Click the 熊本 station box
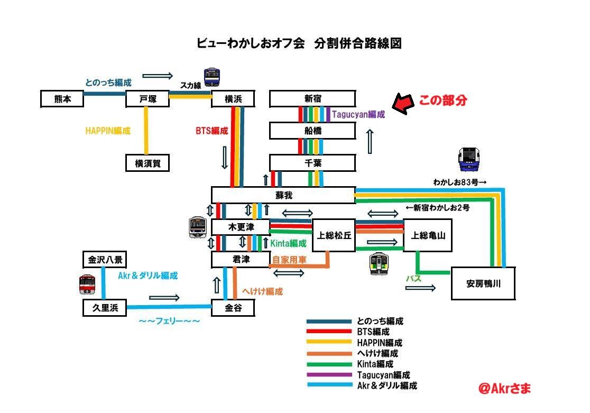62,99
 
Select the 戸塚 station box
147,99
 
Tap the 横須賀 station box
147,163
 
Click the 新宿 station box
312,99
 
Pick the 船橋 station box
312,131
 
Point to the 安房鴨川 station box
483,283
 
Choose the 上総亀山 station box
428,235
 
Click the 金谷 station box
233,308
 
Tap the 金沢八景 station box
105,260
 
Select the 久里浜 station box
105,308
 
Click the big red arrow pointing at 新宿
403,103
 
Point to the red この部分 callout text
443,100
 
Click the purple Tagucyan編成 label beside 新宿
358,114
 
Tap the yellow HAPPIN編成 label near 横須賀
108,131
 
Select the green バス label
413,279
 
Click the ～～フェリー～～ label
169,321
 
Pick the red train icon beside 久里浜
87,284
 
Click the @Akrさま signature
504,388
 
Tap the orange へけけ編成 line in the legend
329,354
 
